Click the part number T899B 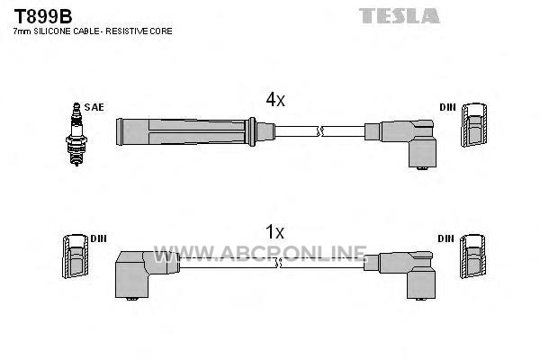click(x=43, y=16)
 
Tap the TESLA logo click(x=399, y=16)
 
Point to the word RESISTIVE click(x=127, y=31)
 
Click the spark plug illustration click(x=76, y=134)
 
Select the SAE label click(x=94, y=107)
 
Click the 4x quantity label click(x=275, y=100)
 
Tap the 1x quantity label click(x=274, y=232)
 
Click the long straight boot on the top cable click(x=182, y=132)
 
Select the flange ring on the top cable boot click(x=252, y=132)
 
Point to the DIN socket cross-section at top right click(x=474, y=125)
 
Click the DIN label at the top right click(x=447, y=107)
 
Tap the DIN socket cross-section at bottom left click(x=75, y=256)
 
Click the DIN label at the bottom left click(x=98, y=238)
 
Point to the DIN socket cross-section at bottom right click(x=472, y=256)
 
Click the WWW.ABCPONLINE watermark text click(x=260, y=254)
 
